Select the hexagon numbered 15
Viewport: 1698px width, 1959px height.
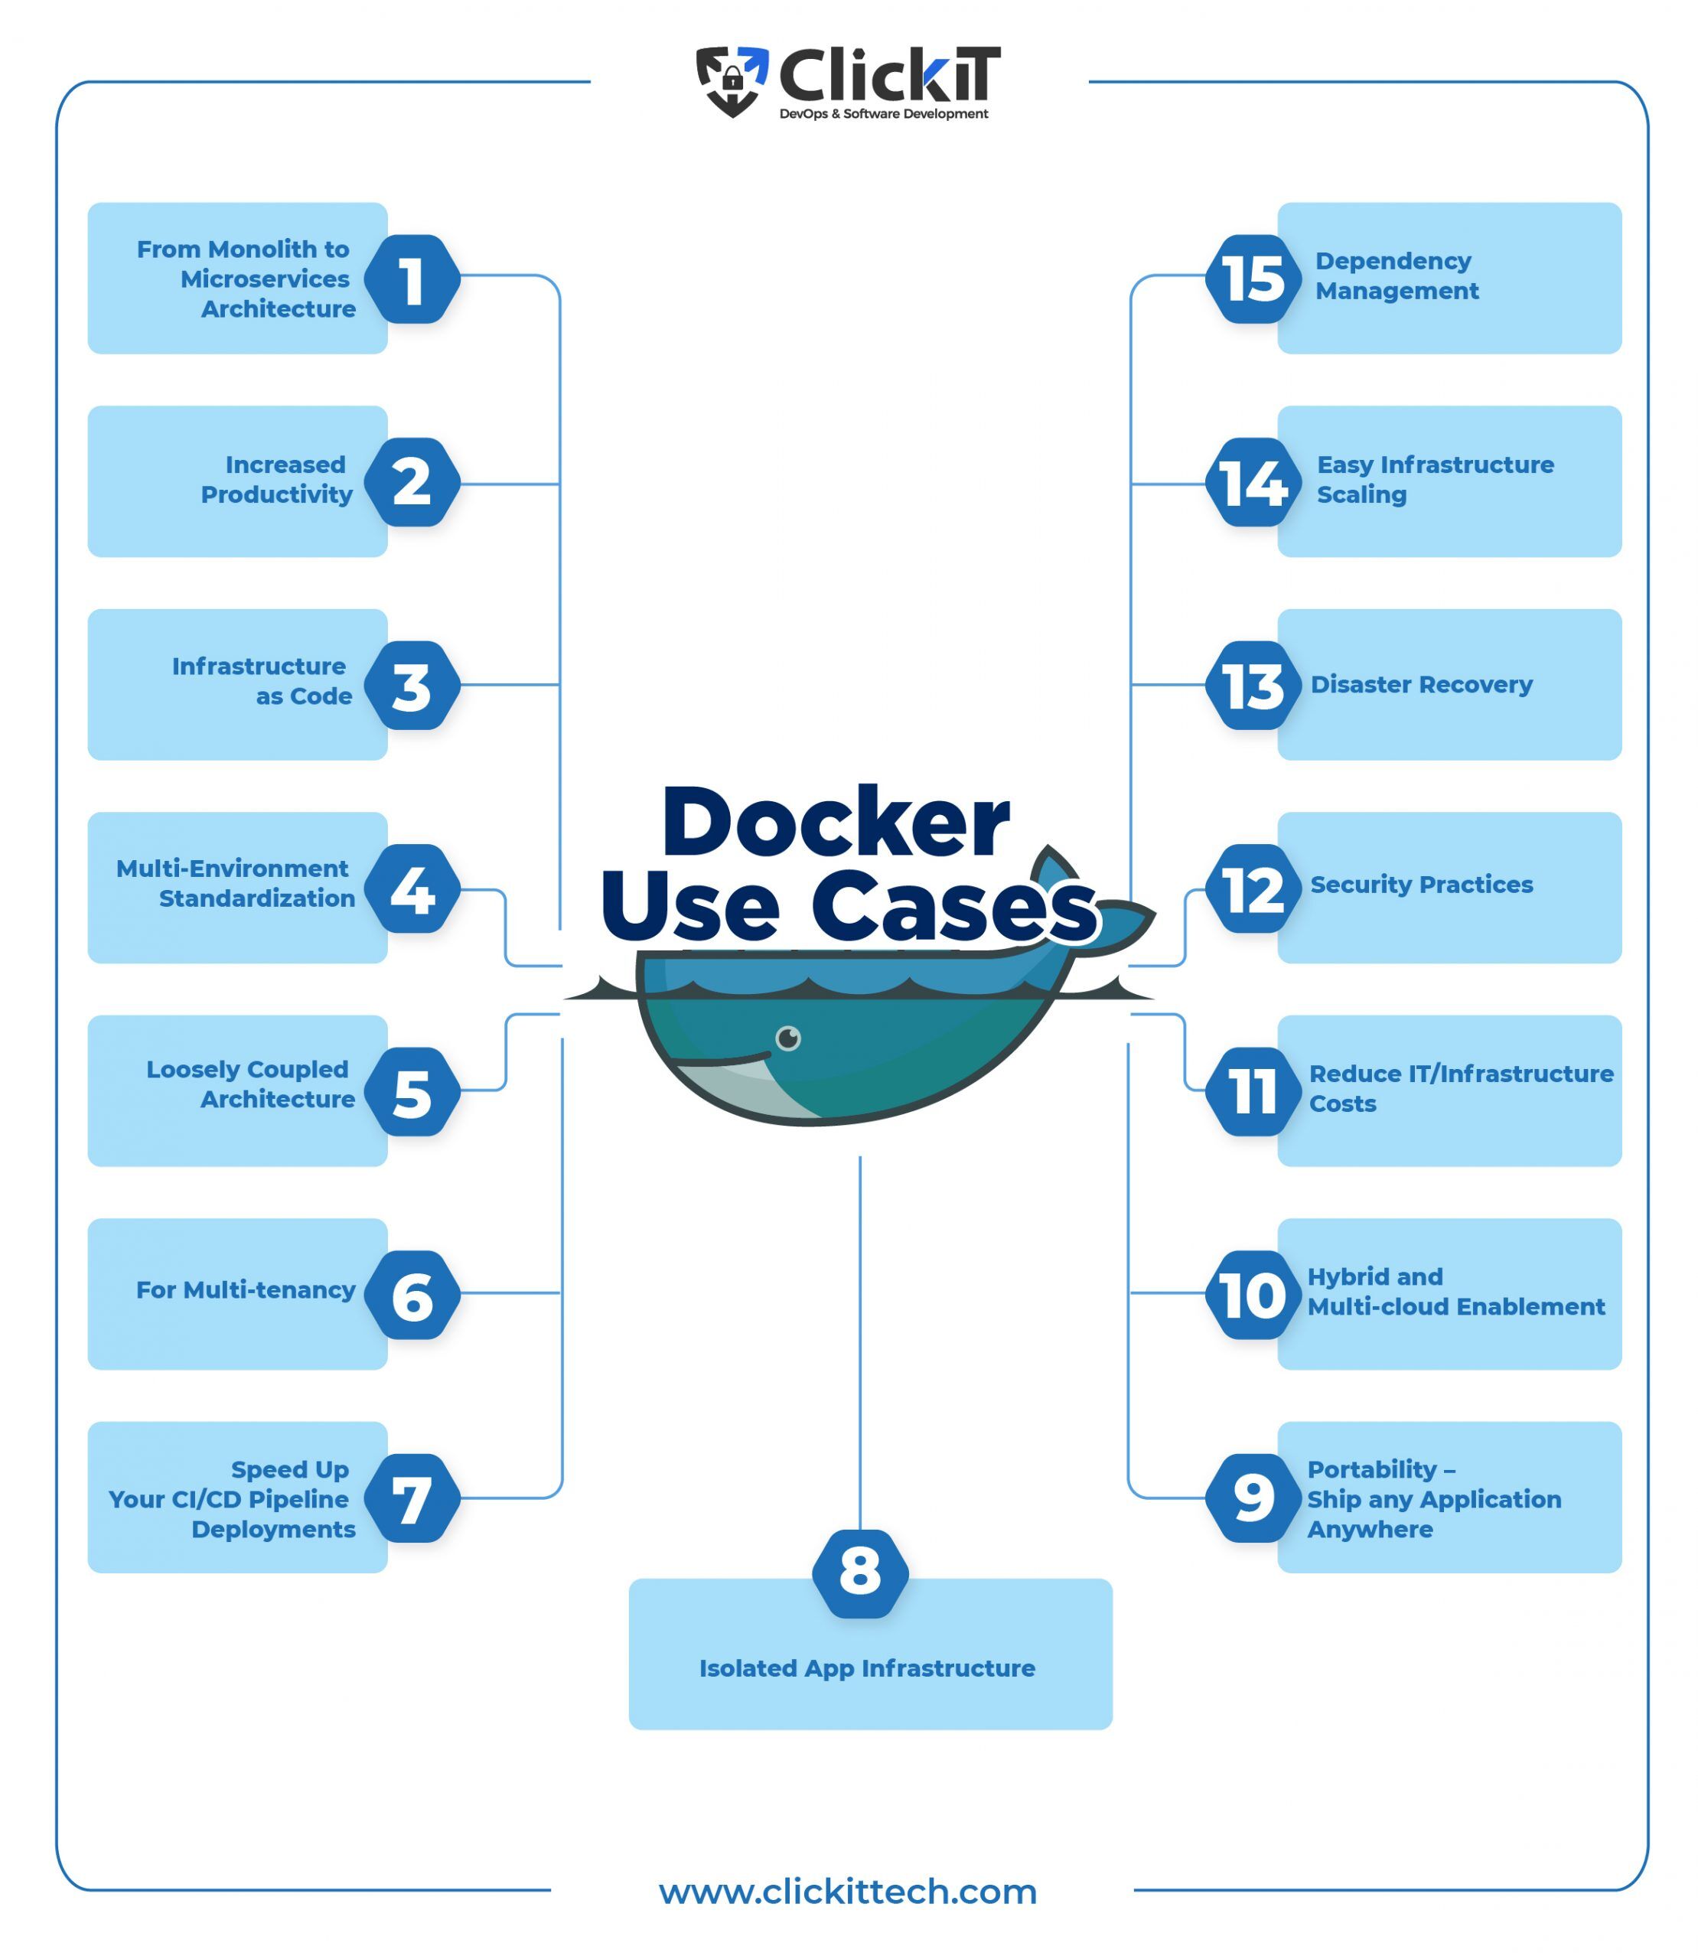(1253, 279)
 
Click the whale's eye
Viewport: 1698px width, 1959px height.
(787, 1038)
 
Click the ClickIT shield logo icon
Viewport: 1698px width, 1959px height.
(731, 80)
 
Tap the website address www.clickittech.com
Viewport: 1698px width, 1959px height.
(848, 1891)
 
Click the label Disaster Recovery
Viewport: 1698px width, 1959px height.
(1420, 684)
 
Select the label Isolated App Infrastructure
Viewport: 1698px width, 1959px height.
(867, 1668)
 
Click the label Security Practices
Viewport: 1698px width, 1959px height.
(1420, 885)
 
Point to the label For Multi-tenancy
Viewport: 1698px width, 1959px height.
(246, 1290)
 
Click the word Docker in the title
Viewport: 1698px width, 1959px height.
(835, 821)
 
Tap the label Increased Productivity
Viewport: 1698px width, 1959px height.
(277, 480)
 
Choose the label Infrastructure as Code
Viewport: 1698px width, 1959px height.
(262, 680)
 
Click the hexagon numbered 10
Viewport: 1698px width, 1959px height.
(1253, 1295)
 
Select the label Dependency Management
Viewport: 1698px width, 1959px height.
(1396, 275)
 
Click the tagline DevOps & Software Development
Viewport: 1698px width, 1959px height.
(883, 114)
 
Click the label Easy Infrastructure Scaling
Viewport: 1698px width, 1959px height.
(1434, 480)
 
